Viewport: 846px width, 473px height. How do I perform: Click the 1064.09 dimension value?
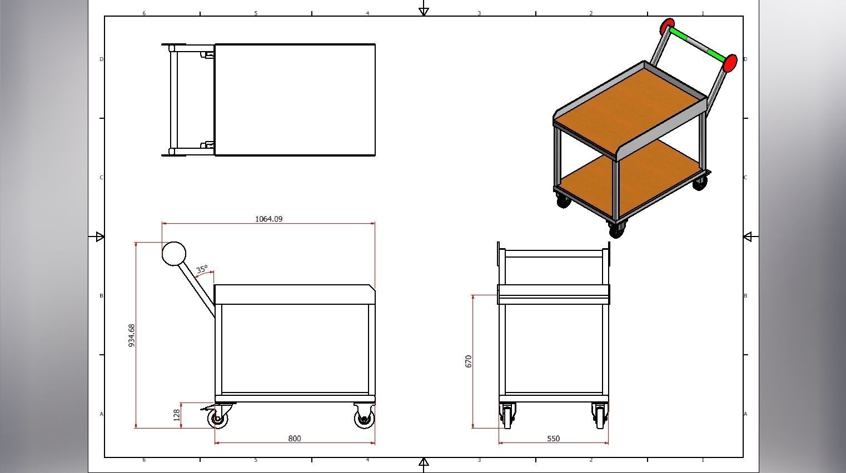point(268,219)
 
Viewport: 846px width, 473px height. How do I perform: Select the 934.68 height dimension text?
point(132,336)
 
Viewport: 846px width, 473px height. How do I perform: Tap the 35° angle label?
point(202,269)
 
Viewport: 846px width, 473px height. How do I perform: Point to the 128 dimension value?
point(177,415)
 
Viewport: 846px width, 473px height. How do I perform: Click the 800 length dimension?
point(295,439)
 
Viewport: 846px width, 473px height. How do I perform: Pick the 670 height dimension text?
point(468,361)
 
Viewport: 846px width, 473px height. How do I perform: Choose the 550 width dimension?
point(553,439)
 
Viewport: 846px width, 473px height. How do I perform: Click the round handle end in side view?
point(174,254)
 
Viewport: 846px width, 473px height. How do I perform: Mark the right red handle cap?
point(730,63)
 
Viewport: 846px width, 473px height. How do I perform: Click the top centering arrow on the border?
point(424,9)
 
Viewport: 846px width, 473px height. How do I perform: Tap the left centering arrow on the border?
point(99,237)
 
